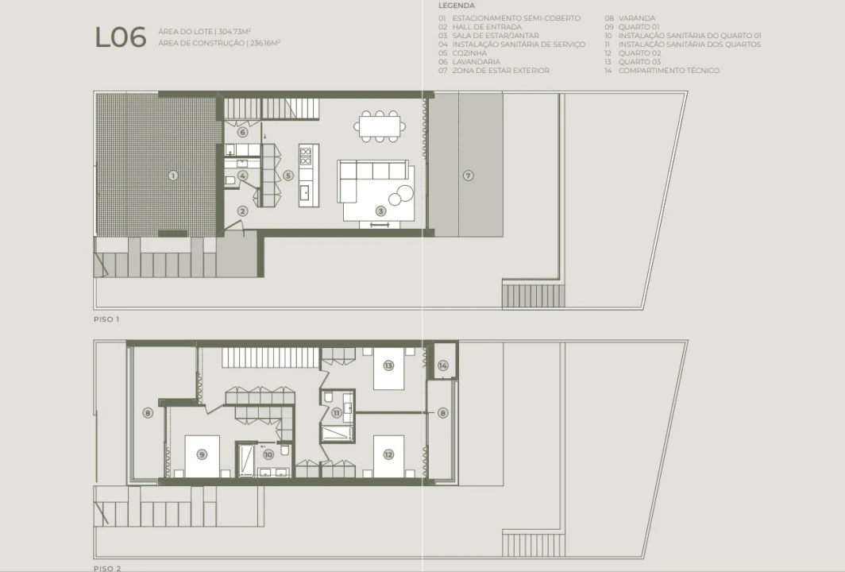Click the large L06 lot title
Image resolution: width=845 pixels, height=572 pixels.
click(x=120, y=38)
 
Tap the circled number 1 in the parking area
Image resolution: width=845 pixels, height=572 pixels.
click(x=173, y=176)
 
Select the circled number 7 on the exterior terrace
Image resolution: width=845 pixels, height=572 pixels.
click(x=469, y=176)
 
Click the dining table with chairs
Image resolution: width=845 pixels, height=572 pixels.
click(x=380, y=126)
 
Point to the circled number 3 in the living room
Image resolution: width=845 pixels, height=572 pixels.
click(x=381, y=211)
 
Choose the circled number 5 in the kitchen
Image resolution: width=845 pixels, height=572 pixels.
click(x=288, y=176)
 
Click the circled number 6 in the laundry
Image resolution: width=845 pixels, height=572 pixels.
click(x=242, y=132)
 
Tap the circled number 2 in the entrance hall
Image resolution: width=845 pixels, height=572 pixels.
click(x=242, y=211)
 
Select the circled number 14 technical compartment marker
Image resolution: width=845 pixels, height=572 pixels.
click(x=443, y=365)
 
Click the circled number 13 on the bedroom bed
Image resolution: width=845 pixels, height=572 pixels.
click(x=388, y=365)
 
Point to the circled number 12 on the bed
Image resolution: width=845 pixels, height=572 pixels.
click(x=388, y=454)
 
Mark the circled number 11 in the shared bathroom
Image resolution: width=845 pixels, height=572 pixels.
click(x=336, y=413)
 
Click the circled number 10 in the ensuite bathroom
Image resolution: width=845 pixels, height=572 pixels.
click(x=268, y=454)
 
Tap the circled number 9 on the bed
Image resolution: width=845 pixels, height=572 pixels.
click(x=202, y=454)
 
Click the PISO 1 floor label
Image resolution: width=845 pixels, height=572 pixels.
click(x=106, y=319)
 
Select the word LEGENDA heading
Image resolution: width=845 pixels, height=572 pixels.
click(x=457, y=6)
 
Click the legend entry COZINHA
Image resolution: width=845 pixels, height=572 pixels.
click(x=469, y=53)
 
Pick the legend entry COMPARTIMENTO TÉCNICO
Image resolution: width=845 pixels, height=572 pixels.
click(x=669, y=70)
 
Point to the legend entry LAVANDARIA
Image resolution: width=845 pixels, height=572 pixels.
click(x=477, y=61)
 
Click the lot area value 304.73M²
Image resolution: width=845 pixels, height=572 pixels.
click(x=234, y=31)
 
